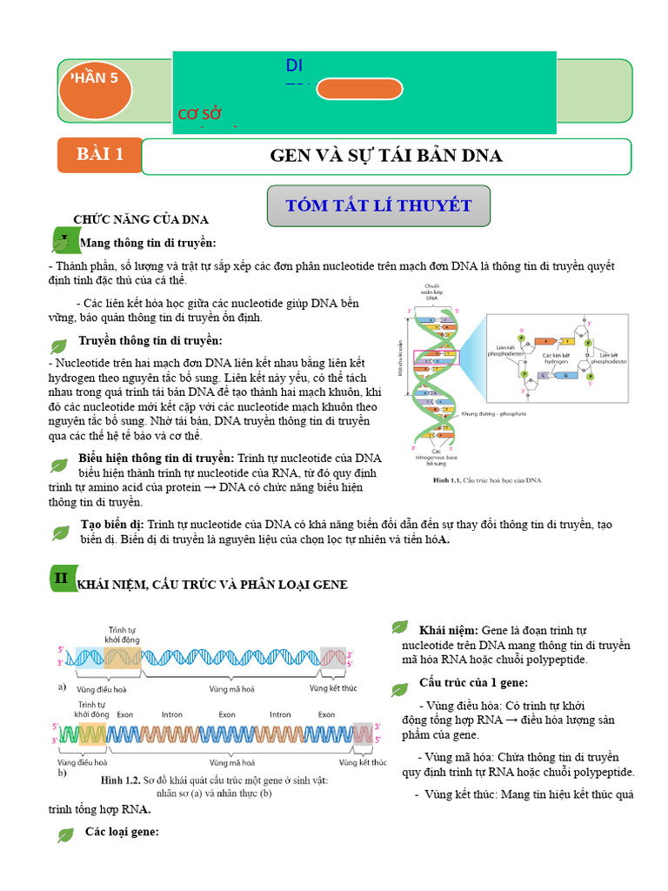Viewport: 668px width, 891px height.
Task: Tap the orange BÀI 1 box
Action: point(99,155)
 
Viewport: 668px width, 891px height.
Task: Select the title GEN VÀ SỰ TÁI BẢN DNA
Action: point(386,156)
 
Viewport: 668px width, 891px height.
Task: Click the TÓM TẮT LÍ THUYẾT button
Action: point(378,206)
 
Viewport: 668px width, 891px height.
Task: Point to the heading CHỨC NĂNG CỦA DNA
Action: point(140,219)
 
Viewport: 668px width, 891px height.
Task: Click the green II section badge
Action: point(62,578)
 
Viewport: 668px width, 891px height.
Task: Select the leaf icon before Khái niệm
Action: point(399,626)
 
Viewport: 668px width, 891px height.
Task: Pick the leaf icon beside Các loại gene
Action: point(64,835)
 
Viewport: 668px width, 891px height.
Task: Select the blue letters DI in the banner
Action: point(294,66)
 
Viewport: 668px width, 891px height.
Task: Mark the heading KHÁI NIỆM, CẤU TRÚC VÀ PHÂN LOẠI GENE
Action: point(212,585)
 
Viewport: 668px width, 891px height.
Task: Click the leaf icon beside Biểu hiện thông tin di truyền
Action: point(59,464)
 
